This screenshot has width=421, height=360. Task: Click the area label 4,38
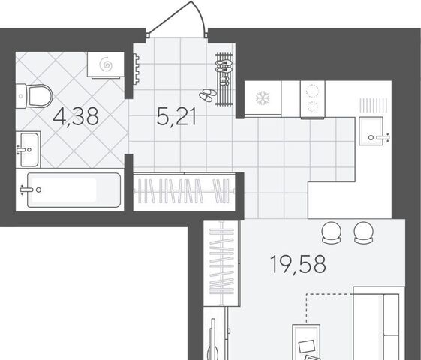tap(76, 117)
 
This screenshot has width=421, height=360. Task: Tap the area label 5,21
tap(176, 117)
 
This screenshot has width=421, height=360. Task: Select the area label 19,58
tap(298, 264)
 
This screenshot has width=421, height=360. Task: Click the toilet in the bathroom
tap(34, 96)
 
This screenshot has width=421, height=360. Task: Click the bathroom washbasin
tap(29, 149)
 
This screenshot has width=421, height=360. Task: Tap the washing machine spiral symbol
tap(106, 64)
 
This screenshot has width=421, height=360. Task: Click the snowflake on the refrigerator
tap(263, 98)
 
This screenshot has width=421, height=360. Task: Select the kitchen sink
tap(371, 131)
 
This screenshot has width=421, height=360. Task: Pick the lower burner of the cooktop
tap(312, 106)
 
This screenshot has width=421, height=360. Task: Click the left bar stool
tap(332, 232)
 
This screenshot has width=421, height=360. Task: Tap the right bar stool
tap(364, 232)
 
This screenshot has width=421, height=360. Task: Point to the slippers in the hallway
tap(208, 94)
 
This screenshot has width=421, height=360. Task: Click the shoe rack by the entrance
tap(224, 79)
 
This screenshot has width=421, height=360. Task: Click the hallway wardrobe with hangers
tap(185, 191)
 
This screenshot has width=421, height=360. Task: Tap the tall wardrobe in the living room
tap(221, 263)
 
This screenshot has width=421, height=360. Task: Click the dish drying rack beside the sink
tap(373, 106)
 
